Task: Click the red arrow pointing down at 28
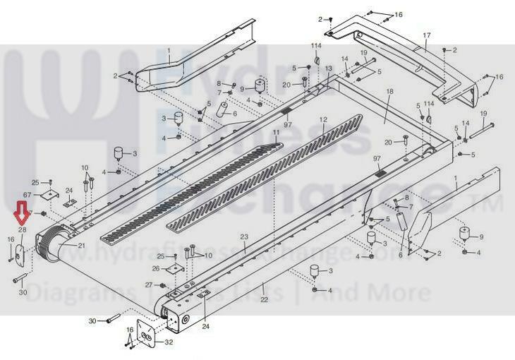(21, 212)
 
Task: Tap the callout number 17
(426, 35)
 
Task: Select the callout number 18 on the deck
(389, 92)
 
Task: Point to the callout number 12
(323, 120)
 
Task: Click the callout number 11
(276, 133)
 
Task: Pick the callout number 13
(328, 68)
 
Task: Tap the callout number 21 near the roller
(81, 246)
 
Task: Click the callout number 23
(244, 236)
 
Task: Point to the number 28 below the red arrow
(22, 230)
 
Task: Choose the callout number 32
(168, 342)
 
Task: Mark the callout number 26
(156, 268)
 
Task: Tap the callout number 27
(149, 284)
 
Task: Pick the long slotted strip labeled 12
(269, 169)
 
